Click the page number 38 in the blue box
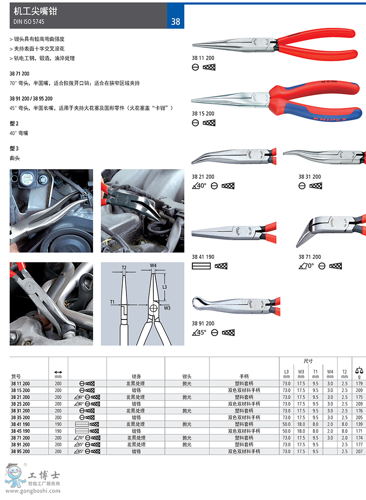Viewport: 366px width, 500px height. click(176, 22)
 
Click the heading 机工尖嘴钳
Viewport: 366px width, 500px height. click(35, 11)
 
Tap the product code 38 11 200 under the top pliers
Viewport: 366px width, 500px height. click(203, 58)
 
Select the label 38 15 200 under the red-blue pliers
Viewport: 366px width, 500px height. click(203, 113)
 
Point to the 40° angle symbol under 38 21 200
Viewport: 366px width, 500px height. click(199, 186)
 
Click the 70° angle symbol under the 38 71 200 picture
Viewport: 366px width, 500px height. click(306, 266)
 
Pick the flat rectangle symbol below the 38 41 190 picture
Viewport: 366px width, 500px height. click(201, 266)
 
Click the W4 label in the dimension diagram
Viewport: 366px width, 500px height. click(153, 265)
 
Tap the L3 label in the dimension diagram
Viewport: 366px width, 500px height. click(164, 287)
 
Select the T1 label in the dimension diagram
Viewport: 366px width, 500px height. click(112, 302)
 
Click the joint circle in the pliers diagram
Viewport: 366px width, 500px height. click(153, 308)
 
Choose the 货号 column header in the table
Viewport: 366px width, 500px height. click(16, 376)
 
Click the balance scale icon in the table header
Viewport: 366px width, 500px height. click(360, 370)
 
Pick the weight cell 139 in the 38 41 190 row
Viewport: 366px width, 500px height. click(360, 424)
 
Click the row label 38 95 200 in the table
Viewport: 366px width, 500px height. click(20, 451)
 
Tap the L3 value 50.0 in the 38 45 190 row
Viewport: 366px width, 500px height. click(287, 431)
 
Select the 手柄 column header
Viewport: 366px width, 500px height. click(244, 376)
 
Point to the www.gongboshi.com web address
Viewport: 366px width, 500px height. click(33, 491)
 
